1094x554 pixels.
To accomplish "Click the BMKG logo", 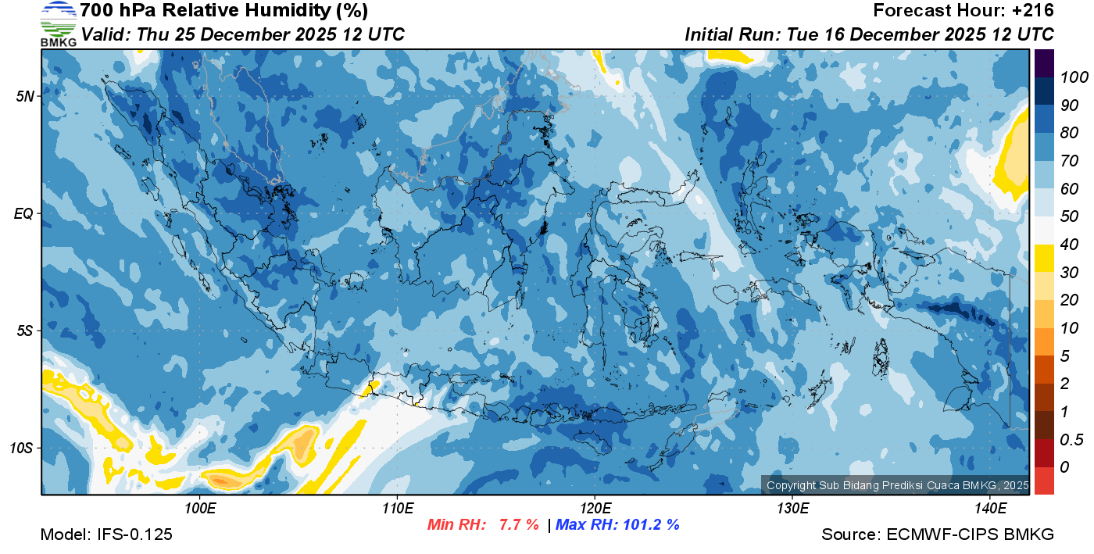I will (x=58, y=24).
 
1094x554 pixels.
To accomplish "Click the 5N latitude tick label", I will (x=26, y=96).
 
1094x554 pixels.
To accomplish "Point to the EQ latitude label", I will (x=25, y=213).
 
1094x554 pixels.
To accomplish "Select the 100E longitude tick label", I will (x=199, y=508).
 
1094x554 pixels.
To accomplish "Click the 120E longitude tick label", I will (x=595, y=508).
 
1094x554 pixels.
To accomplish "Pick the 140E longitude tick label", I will (x=990, y=508).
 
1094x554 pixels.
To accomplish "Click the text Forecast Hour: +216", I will (x=964, y=11).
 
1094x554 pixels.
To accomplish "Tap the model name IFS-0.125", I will (x=134, y=534).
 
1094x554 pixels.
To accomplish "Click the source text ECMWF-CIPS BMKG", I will (x=971, y=534).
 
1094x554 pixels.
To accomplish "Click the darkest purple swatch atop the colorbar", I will (x=1044, y=63).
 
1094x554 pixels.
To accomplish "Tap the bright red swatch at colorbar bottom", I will (x=1044, y=480).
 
